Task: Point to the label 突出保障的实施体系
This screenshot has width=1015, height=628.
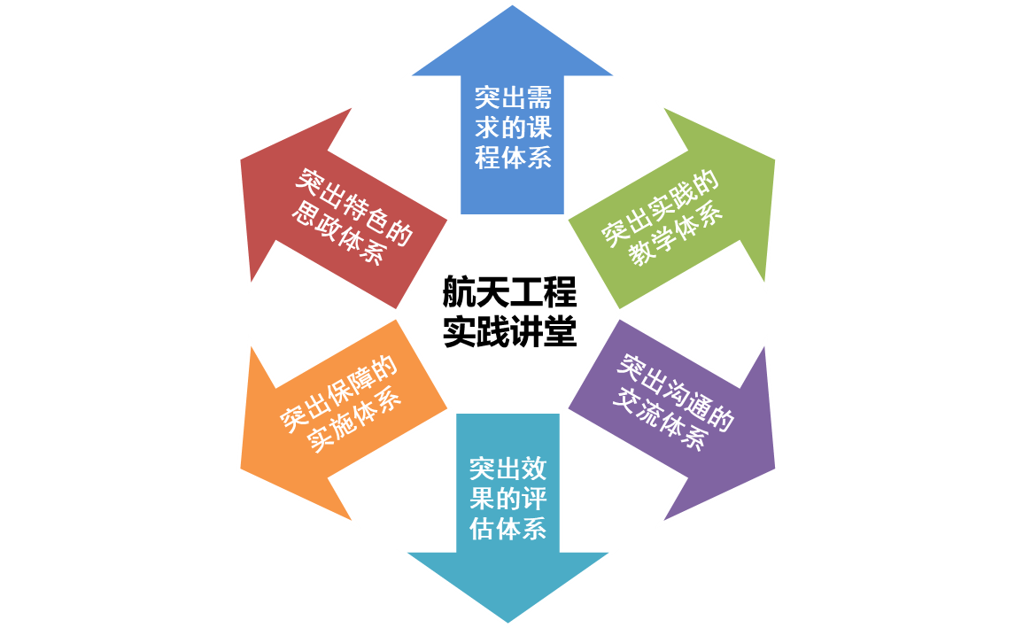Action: click(x=341, y=407)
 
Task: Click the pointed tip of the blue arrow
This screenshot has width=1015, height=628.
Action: click(x=512, y=5)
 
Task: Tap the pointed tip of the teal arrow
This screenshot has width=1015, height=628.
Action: click(x=507, y=623)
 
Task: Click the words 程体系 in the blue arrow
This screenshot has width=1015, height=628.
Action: click(x=513, y=159)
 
